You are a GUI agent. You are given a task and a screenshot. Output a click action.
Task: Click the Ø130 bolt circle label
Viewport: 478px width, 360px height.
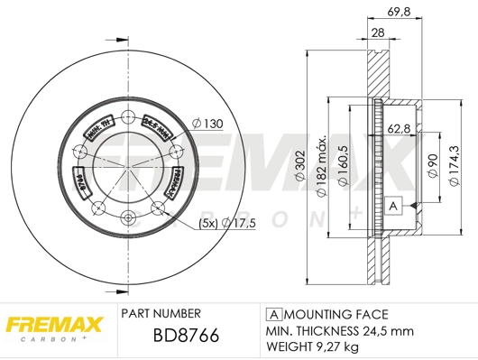click(208, 123)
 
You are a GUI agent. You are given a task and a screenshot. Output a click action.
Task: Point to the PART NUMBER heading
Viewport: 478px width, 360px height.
click(160, 315)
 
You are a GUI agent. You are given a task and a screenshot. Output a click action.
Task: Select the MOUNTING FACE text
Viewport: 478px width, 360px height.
click(335, 314)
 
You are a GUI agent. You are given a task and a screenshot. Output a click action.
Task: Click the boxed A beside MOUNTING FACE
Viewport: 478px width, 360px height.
click(272, 314)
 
